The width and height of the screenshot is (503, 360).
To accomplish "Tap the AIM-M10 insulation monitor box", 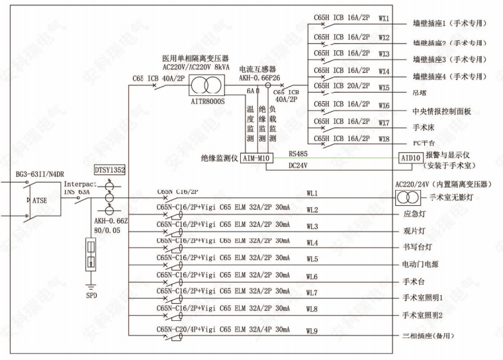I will point(255,159).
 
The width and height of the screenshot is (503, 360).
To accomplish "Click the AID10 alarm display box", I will point(410,159).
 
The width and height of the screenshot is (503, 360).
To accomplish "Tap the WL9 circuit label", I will point(312,332).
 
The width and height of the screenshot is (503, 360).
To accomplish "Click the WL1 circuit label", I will point(312,194).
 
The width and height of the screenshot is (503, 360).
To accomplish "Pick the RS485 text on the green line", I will point(298,152).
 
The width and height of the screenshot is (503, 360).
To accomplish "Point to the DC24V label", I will point(298,165).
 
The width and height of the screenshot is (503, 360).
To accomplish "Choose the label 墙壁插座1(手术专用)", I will point(449,23).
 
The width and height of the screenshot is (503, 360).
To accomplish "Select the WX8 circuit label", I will point(384,140).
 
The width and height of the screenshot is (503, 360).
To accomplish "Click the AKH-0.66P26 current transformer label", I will point(262,77).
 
